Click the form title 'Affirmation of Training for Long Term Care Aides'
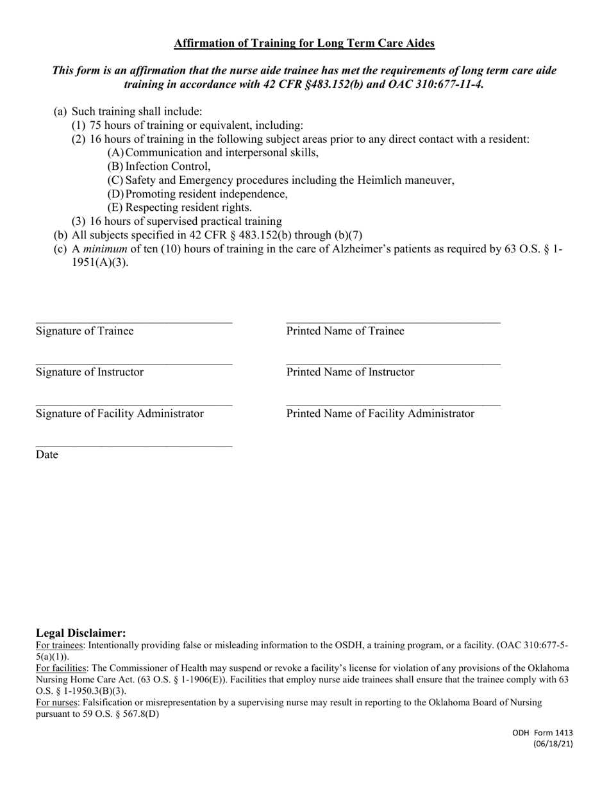304,44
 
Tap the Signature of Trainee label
85,331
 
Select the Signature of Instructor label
90,372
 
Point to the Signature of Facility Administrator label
120,413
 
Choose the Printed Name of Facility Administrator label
380,413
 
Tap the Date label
47,455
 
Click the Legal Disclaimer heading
81,633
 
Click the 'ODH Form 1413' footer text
542,733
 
